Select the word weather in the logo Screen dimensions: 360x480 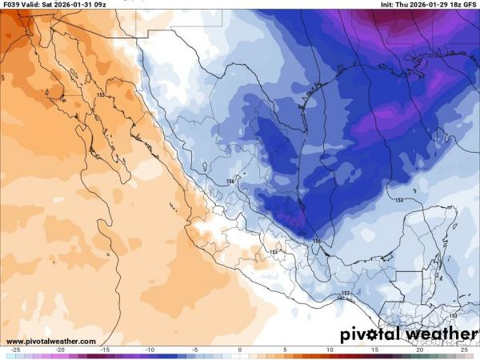433,334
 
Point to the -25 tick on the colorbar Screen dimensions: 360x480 15,350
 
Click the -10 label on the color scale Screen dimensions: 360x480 150,350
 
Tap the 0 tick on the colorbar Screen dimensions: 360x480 240,350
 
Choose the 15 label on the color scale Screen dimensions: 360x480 374,350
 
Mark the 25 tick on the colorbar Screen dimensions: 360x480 464,350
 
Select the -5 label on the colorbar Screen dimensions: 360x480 194,350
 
